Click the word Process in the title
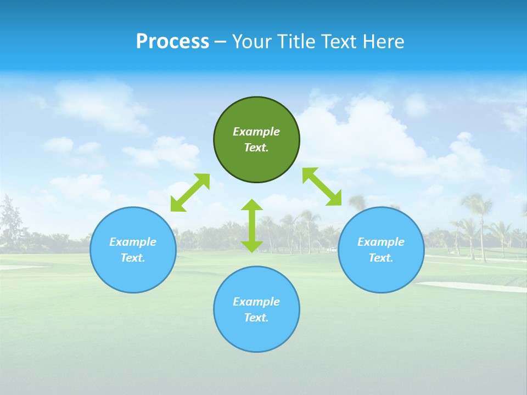click(x=172, y=41)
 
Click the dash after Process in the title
click(x=220, y=42)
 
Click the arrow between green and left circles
click(x=190, y=192)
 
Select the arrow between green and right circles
click(x=322, y=187)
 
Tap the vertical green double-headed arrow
click(x=252, y=225)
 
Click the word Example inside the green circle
click(x=256, y=132)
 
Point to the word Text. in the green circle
click(x=256, y=148)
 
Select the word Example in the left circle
click(x=133, y=242)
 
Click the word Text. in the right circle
click(x=381, y=258)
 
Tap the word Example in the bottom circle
click(x=256, y=302)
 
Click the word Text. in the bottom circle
click(x=256, y=318)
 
